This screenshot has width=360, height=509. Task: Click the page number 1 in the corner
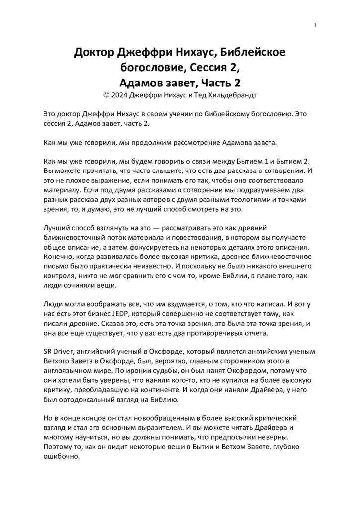coord(316,26)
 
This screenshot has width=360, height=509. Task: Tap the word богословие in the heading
coord(153,66)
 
